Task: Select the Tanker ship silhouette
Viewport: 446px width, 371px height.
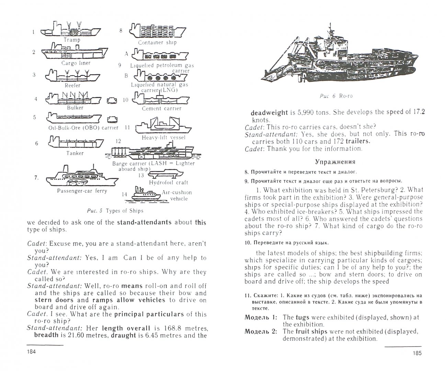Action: point(71,143)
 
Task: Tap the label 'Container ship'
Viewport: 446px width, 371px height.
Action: point(157,43)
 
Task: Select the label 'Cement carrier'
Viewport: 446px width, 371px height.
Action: point(161,109)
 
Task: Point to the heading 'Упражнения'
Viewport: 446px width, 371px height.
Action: point(335,161)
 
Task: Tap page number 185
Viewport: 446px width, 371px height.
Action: point(416,353)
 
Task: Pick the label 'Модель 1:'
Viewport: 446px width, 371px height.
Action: point(261,317)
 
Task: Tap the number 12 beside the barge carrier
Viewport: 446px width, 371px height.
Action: point(118,141)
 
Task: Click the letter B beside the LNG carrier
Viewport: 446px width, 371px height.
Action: point(126,75)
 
